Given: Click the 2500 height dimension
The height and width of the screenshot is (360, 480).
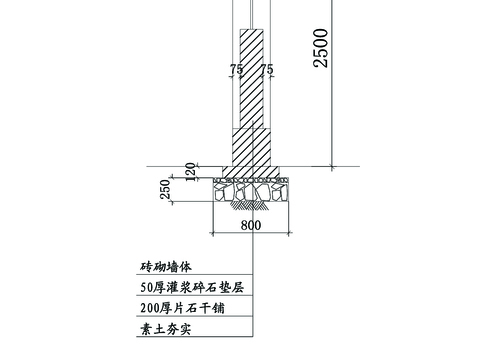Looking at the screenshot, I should pyautogui.click(x=320, y=47).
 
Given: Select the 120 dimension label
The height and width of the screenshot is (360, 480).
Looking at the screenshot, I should pyautogui.click(x=190, y=172).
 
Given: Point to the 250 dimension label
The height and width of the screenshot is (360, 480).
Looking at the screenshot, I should pyautogui.click(x=166, y=188).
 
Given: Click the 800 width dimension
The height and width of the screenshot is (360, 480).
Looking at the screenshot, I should pyautogui.click(x=251, y=225).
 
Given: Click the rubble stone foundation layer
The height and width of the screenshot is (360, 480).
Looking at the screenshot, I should pyautogui.click(x=251, y=190).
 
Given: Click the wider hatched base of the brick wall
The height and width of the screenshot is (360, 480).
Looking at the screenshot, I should pyautogui.click(x=251, y=150).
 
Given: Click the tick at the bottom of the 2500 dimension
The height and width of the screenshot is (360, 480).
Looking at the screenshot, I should pyautogui.click(x=331, y=165).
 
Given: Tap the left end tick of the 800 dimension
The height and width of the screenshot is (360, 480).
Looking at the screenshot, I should pyautogui.click(x=212, y=234).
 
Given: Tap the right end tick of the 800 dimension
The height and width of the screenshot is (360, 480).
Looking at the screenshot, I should pyautogui.click(x=290, y=234).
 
